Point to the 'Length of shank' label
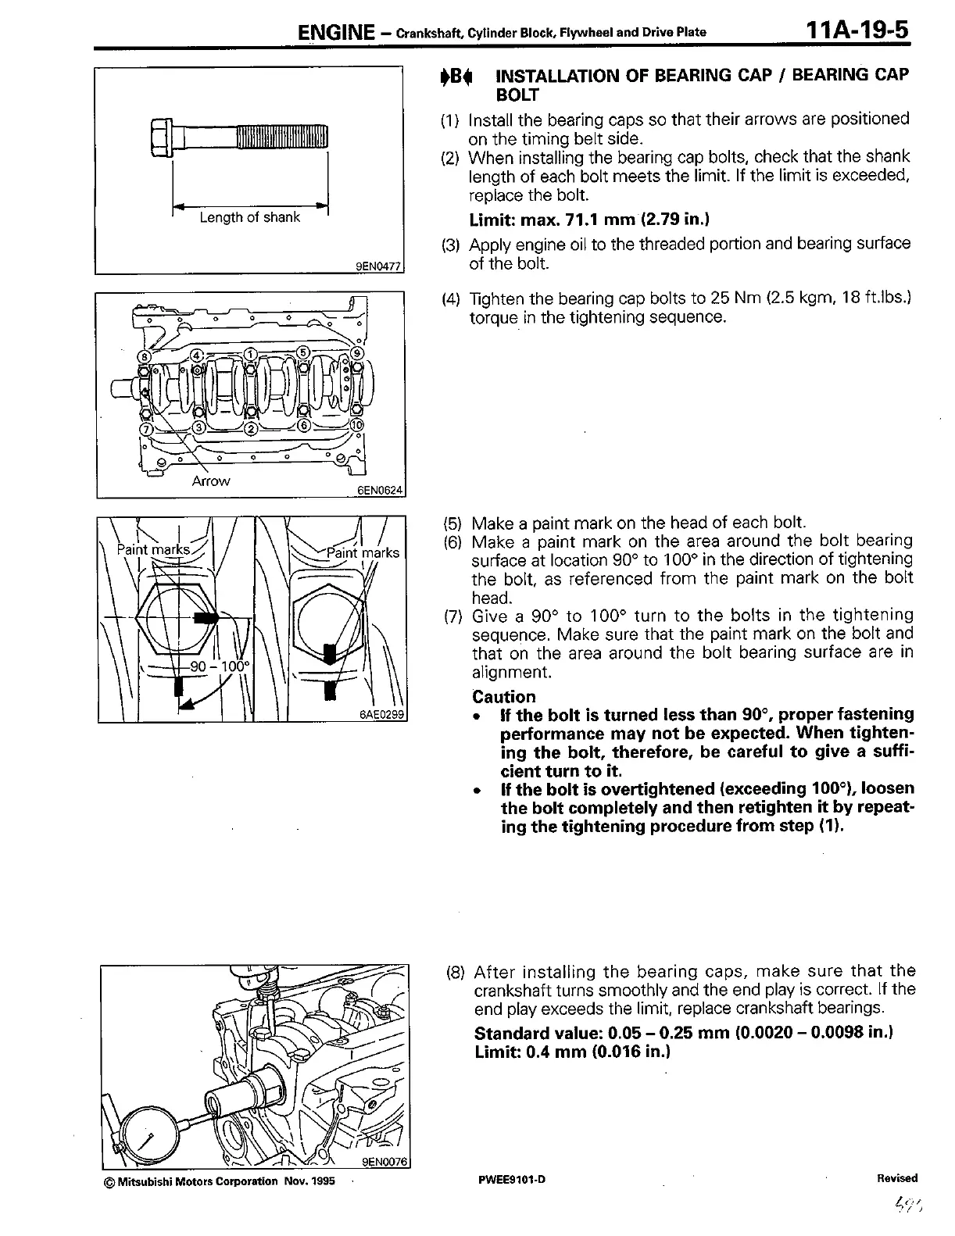(249, 217)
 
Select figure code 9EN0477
(378, 266)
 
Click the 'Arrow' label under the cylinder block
(210, 481)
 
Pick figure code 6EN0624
(378, 491)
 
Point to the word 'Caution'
(504, 697)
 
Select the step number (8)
(456, 972)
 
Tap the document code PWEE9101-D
(510, 1180)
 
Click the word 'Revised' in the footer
(897, 1178)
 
